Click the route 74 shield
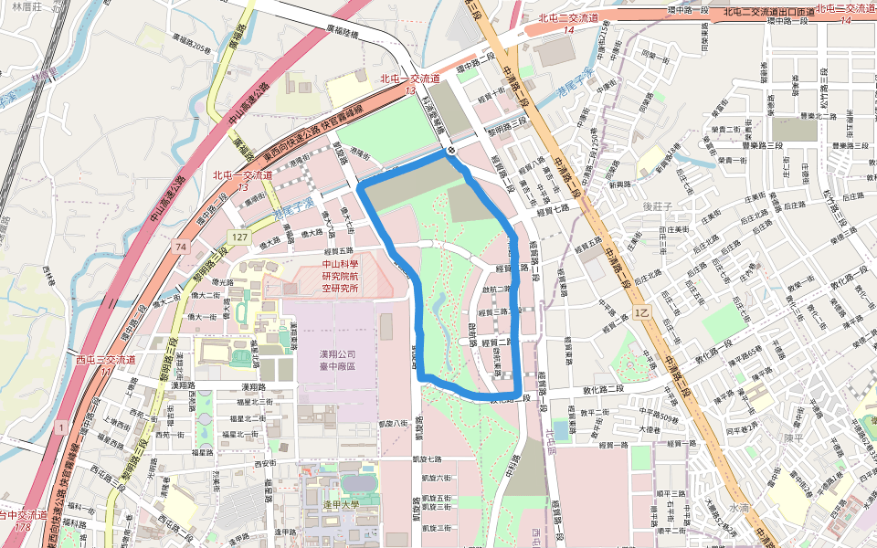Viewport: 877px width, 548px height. (182, 247)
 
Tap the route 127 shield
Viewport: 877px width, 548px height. (240, 237)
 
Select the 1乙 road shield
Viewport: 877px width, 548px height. (642, 313)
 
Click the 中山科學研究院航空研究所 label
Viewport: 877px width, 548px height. (340, 277)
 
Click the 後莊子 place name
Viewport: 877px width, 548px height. (658, 207)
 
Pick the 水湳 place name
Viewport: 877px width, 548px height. (739, 507)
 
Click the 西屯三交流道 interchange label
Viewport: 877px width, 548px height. (107, 359)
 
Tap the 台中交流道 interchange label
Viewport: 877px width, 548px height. (22, 516)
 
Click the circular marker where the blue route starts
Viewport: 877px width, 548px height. (451, 150)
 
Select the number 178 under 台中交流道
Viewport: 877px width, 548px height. (22, 528)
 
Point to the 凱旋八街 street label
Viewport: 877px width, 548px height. (396, 424)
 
